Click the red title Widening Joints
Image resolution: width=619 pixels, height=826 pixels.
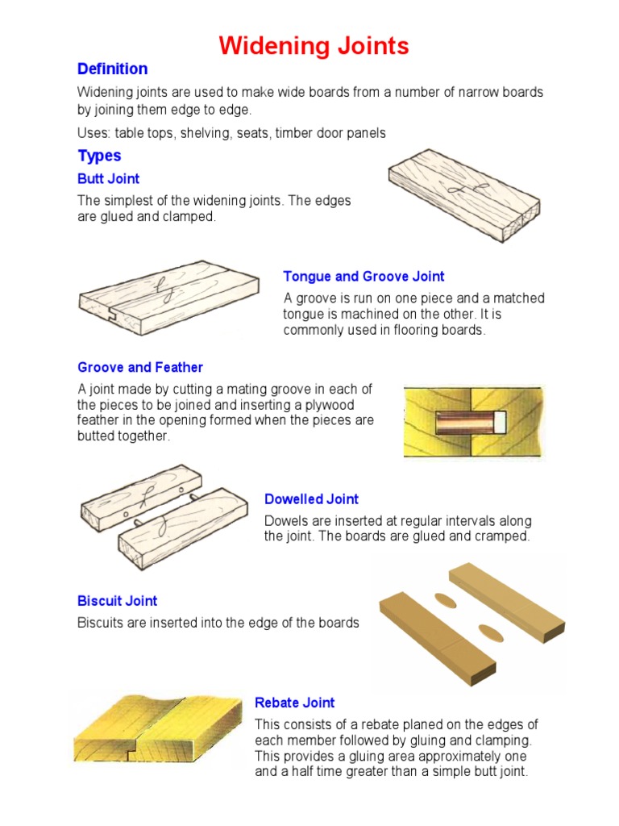coord(314,46)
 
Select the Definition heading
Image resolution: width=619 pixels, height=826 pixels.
coord(112,69)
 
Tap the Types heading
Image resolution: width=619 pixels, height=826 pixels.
coord(99,156)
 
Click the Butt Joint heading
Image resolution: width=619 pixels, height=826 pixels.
coord(108,179)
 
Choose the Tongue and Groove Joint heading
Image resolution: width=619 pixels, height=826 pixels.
coord(364,277)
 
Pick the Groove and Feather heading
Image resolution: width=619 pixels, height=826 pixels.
coord(140,368)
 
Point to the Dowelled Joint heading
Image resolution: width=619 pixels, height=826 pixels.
coord(311,499)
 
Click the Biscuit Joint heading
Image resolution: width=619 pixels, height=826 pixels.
coord(117,601)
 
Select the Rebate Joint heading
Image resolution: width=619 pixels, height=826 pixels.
coord(294,703)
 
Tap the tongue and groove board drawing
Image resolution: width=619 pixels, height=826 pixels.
coord(168,295)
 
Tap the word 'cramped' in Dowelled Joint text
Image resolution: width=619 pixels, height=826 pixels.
coord(503,536)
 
